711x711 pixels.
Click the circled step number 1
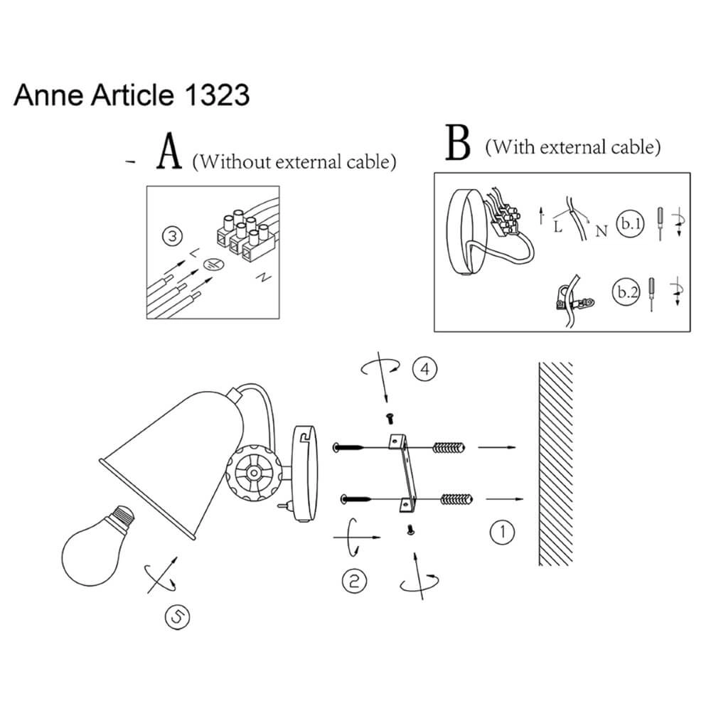(503, 533)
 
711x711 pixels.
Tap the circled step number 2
(354, 581)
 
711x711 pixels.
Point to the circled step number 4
(424, 369)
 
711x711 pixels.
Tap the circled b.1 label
(630, 223)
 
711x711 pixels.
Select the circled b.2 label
(626, 291)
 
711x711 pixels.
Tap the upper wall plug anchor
(450, 449)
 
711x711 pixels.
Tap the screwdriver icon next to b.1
(660, 222)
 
